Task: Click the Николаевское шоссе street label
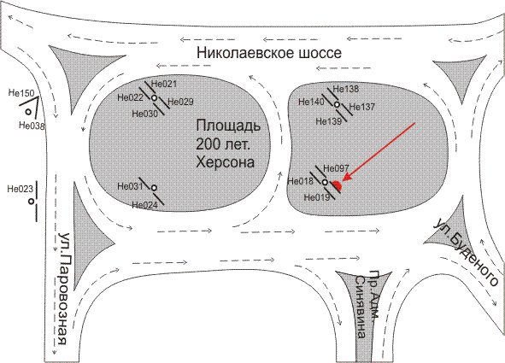[269, 53]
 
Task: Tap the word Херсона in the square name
[225, 162]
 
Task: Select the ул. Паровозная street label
[62, 289]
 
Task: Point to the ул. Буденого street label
[466, 252]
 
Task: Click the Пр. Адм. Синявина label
[367, 304]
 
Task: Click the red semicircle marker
[337, 185]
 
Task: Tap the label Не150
[21, 93]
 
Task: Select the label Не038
[32, 125]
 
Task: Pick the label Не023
[20, 189]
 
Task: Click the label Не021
[164, 84]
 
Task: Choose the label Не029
[180, 102]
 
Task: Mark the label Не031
[130, 186]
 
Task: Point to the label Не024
[145, 205]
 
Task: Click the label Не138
[345, 89]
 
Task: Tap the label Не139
[328, 121]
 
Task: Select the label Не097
[336, 168]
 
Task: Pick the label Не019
[317, 197]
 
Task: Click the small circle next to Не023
[32, 202]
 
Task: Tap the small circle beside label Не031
[154, 188]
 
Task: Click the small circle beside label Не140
[337, 104]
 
